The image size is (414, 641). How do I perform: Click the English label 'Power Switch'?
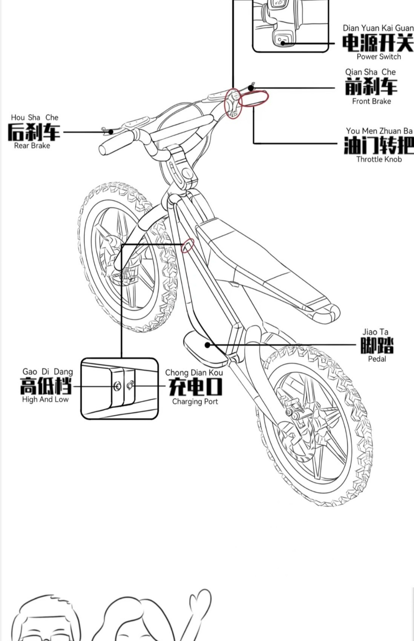coord(378,57)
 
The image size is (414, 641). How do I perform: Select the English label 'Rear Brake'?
coord(32,146)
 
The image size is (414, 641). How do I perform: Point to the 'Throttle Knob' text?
coord(379,159)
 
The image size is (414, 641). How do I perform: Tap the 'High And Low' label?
coord(45,399)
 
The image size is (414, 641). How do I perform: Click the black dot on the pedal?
coord(207,345)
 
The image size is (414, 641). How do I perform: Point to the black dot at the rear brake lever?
coord(111,132)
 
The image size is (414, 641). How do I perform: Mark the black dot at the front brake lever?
coord(251,88)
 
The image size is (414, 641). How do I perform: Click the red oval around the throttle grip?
coord(254,98)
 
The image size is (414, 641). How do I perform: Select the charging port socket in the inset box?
coord(130,386)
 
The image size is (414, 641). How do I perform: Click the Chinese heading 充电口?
coord(195,387)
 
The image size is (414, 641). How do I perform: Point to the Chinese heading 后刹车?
coord(34,132)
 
